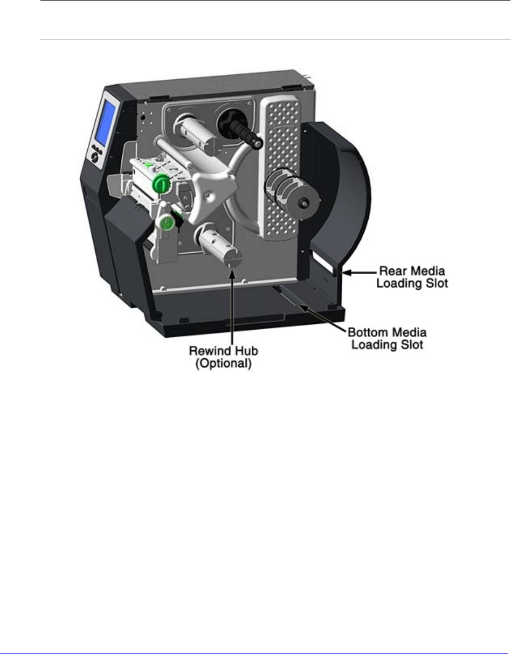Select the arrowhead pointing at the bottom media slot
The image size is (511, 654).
pyautogui.click(x=300, y=307)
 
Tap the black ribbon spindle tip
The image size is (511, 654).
pyautogui.click(x=258, y=143)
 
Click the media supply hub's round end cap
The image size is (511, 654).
pyautogui.click(x=305, y=203)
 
